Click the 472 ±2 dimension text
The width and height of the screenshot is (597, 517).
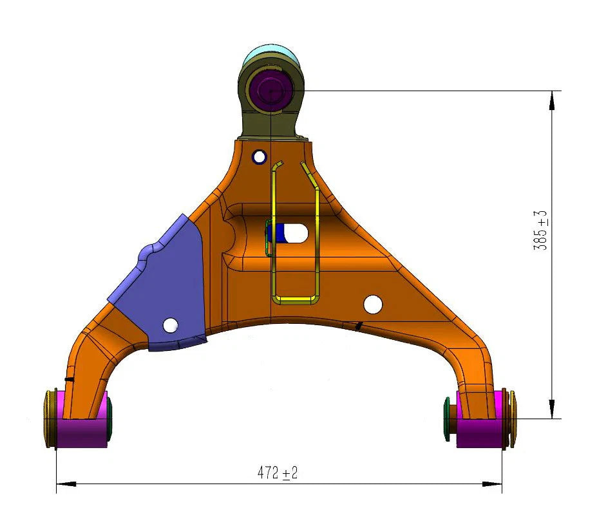point(278,473)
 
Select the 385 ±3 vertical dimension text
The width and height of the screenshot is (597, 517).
point(541,230)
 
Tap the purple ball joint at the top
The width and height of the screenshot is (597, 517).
point(271,91)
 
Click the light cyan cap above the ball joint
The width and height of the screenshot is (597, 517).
point(270,53)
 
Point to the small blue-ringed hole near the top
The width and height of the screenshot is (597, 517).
point(260,156)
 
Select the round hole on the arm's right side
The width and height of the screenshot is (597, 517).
point(373,303)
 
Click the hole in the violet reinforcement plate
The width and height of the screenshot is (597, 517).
point(170,325)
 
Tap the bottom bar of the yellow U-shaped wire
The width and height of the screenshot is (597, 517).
point(296,300)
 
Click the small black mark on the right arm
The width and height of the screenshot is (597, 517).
point(359,326)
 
